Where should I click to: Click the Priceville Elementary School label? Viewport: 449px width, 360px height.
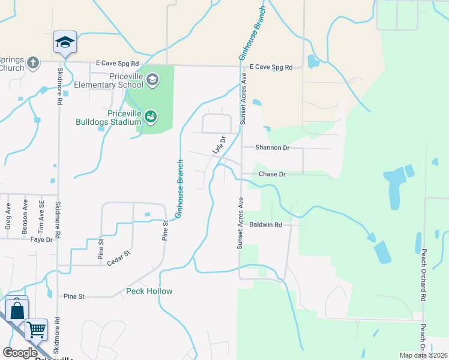tap(109, 80)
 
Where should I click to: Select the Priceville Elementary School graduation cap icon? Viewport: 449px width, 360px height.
tap(152, 79)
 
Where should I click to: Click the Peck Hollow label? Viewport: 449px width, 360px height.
tap(149, 292)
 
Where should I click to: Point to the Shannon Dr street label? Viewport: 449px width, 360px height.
tap(273, 148)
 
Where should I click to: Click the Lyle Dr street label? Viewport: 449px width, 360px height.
tap(219, 145)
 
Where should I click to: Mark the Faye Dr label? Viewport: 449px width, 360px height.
tap(41, 239)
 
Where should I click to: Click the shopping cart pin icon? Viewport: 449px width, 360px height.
tap(36, 329)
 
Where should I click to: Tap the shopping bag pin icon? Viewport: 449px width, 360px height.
tap(17, 310)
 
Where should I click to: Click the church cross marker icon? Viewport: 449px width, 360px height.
tap(33, 62)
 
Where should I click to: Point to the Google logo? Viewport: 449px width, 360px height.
tap(20, 353)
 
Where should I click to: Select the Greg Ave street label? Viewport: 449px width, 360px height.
tap(8, 215)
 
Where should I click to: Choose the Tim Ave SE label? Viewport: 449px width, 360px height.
tap(41, 213)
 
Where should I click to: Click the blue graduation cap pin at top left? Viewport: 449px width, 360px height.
tap(65, 42)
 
